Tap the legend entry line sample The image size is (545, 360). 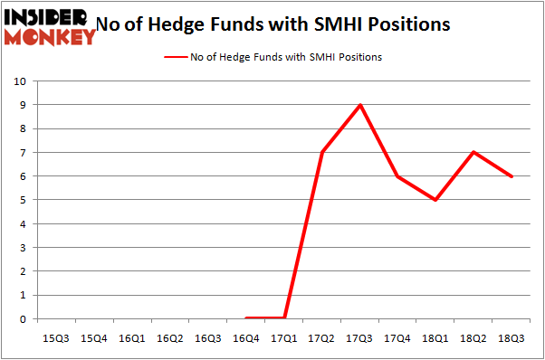coord(177,57)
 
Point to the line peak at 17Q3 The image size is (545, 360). coord(361,105)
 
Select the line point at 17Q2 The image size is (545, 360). coord(323,152)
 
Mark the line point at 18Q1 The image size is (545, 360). coord(436,200)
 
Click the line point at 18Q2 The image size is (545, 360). coord(474,152)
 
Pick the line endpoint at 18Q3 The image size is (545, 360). coord(512,176)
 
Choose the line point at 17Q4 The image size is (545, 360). coord(399,176)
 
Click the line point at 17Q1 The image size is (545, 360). coord(285,317)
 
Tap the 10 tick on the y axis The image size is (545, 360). coord(20,81)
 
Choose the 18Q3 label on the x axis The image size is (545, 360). coord(512,337)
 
